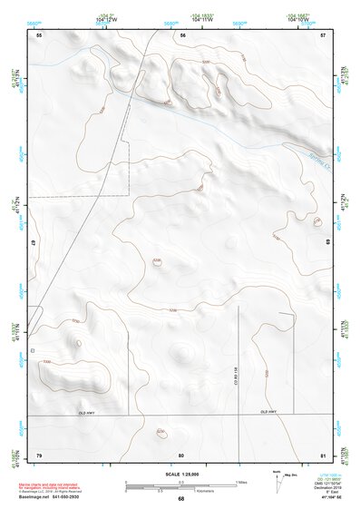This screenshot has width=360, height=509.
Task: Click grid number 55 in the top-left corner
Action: tap(39, 34)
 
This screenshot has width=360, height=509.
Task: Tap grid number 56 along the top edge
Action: tap(181, 34)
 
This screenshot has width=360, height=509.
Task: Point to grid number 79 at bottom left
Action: tap(39, 454)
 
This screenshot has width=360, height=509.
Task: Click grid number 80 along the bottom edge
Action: tap(181, 454)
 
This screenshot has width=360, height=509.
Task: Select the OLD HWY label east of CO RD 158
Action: tap(269, 413)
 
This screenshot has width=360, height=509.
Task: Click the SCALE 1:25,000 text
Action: tap(180, 474)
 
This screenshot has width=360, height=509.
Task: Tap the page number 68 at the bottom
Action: tap(180, 499)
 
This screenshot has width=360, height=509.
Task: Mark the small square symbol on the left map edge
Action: tap(33, 349)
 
